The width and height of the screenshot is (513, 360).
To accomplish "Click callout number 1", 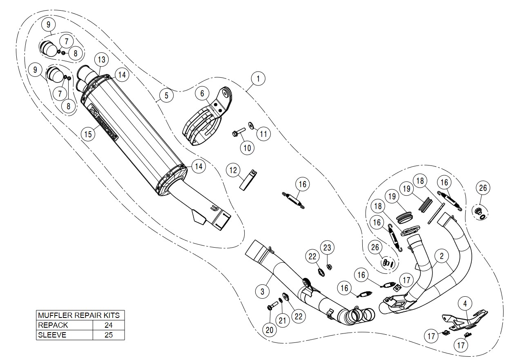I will click(259, 78).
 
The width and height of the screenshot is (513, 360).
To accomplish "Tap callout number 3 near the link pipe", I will click(262, 291).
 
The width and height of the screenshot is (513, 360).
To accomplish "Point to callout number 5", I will click(166, 96).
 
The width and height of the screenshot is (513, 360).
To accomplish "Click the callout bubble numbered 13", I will click(101, 60).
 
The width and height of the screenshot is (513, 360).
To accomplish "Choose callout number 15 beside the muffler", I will click(87, 134).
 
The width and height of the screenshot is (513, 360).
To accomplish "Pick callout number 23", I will click(328, 247).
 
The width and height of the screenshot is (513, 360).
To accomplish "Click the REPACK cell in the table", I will click(64, 325).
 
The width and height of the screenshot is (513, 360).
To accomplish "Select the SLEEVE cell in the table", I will click(64, 335).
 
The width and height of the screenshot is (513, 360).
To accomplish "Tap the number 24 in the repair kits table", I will click(108, 325).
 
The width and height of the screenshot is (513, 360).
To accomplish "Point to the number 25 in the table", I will click(108, 335).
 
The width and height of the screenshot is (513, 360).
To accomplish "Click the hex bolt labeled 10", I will click(239, 132).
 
